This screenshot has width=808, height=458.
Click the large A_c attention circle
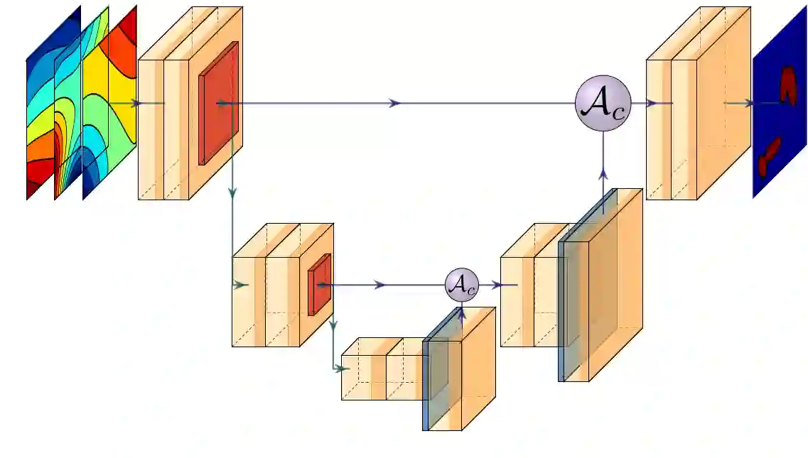[603, 104]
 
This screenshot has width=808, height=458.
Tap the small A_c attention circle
[462, 285]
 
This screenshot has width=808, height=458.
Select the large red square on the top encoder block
[219, 103]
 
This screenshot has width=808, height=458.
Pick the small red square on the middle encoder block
[320, 284]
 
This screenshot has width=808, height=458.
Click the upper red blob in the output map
[788, 84]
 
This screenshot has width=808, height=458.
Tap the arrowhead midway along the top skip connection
[394, 104]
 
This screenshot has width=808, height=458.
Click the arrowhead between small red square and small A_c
[380, 285]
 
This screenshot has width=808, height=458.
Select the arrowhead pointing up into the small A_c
[462, 310]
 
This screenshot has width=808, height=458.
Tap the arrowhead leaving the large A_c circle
[650, 104]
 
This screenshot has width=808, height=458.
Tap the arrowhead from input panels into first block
[136, 104]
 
